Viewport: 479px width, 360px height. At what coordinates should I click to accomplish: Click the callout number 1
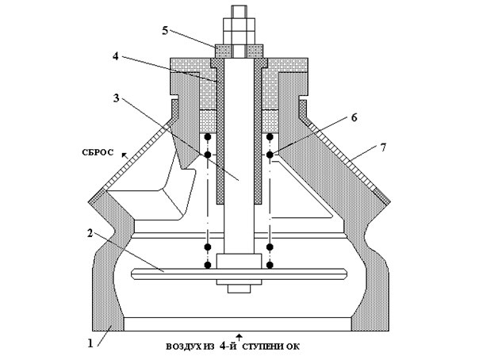click(x=90, y=343)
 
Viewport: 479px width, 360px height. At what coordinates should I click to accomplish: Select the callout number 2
click(x=90, y=233)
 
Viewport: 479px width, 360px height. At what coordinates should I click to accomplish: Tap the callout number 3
click(x=116, y=98)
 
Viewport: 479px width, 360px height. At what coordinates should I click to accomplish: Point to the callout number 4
click(x=115, y=56)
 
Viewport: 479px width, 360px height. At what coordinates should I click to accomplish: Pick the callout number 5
click(x=165, y=31)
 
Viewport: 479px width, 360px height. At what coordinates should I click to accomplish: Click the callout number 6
click(x=354, y=117)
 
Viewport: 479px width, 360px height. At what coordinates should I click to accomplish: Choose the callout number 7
click(x=383, y=147)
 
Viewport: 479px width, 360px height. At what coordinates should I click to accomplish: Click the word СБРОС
click(x=98, y=152)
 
